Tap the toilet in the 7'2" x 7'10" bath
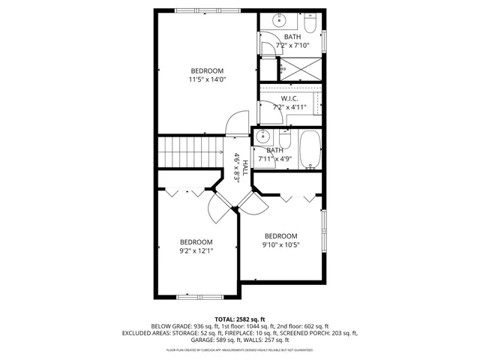pos(312,19)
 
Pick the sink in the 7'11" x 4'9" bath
pos(262,138)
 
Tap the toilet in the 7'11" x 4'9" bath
pos(284,139)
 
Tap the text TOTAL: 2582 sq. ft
pos(240,319)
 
